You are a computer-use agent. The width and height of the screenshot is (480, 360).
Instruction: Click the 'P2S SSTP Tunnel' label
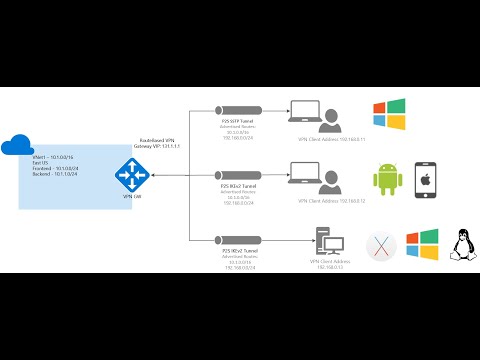pyautogui.click(x=238, y=120)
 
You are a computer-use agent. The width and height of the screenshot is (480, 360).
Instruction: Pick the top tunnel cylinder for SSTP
pyautogui.click(x=238, y=109)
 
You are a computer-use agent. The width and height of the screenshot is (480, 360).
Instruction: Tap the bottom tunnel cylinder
pyautogui.click(x=238, y=238)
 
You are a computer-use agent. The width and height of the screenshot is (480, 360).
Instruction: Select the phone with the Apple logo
pyautogui.click(x=423, y=180)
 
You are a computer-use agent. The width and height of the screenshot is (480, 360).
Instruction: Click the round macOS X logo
pyautogui.click(x=379, y=245)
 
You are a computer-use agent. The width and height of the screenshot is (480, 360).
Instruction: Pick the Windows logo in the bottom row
pyautogui.click(x=420, y=245)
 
